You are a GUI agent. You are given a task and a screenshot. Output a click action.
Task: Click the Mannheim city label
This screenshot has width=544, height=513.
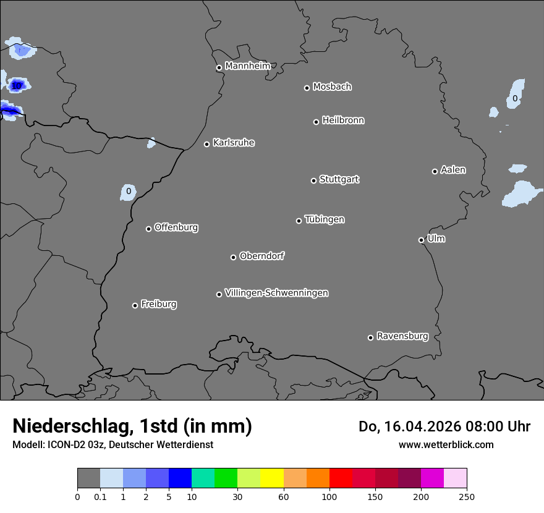247,66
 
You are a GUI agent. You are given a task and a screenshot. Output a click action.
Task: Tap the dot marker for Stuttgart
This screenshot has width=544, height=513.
313,180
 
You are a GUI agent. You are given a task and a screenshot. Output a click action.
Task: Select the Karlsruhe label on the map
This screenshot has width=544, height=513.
233,143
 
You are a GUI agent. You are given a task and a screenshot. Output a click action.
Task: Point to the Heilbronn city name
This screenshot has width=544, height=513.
343,121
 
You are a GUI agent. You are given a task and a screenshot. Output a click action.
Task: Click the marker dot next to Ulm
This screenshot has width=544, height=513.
421,240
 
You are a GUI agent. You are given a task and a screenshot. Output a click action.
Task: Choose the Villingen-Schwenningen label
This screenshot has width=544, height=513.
276,293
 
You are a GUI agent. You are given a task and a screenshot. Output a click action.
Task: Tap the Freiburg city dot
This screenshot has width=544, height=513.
135,305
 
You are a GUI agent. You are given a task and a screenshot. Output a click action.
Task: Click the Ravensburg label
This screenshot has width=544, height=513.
402,336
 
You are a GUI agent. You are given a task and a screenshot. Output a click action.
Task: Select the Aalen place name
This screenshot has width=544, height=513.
453,170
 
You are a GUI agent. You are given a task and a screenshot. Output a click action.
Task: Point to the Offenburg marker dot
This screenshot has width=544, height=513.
148,229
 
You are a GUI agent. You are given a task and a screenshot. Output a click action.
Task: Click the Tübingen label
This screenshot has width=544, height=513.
325,219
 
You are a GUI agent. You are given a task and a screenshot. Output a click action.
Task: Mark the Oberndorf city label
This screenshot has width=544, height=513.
261,256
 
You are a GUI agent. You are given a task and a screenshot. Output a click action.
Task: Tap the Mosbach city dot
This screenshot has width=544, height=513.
307,88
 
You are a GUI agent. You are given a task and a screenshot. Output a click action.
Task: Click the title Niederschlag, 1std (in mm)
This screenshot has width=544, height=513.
132,426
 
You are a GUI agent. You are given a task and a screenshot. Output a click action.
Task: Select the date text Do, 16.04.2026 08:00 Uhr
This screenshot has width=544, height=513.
444,426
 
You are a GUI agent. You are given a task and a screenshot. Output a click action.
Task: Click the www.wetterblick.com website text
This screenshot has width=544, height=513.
446,444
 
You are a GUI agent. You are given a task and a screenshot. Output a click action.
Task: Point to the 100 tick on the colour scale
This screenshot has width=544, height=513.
329,496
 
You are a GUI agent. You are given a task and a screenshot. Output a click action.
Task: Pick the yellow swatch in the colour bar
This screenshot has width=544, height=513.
272,478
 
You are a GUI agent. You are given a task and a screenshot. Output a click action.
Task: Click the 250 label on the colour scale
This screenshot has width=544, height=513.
467,496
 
